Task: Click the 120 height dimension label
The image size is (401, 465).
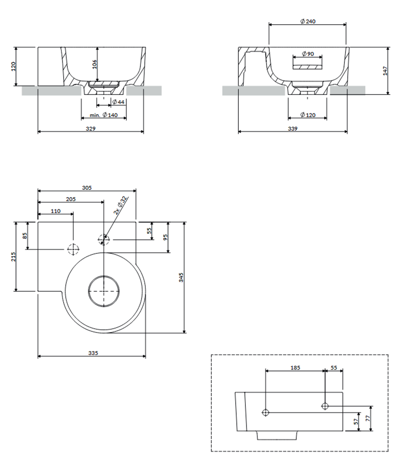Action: click(13, 67)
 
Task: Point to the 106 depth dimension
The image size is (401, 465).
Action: click(94, 64)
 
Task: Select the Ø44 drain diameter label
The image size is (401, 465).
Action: click(118, 102)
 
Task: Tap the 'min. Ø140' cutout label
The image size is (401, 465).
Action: click(104, 115)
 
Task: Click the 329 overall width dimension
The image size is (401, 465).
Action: click(91, 129)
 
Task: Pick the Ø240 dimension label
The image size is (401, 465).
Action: click(308, 21)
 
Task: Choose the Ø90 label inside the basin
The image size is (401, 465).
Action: click(308, 54)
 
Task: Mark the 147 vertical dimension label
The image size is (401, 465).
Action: click(385, 71)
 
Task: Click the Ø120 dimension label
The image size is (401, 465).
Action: click(308, 115)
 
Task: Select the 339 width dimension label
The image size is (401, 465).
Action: click(292, 129)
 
